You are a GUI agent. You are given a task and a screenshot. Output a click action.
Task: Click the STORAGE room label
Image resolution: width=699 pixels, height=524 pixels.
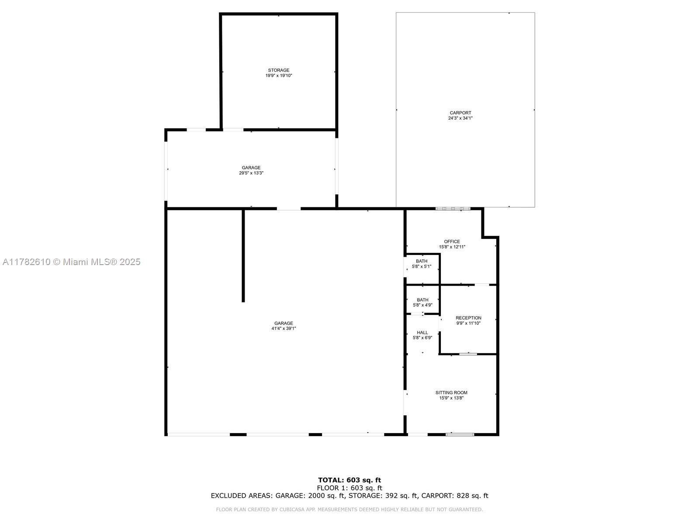279,70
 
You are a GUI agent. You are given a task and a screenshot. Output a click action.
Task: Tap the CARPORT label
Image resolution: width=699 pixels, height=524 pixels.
460,113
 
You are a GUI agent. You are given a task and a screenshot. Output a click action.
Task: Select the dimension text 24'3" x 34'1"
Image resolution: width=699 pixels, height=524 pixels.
460,118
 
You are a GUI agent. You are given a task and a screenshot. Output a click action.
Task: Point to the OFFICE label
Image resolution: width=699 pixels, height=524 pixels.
452,241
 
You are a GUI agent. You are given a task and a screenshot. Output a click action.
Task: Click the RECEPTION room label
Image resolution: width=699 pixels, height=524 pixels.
468,318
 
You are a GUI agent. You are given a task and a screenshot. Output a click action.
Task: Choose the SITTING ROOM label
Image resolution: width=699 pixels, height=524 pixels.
451,393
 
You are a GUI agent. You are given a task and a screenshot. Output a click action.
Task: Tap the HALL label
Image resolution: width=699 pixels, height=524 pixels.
422,332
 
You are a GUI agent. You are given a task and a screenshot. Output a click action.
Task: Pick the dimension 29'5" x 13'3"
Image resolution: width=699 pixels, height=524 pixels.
251,173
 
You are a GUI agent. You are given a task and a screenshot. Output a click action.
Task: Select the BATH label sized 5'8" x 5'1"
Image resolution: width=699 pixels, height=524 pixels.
422,261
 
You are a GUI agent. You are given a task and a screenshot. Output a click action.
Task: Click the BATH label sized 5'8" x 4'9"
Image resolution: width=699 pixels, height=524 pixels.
422,300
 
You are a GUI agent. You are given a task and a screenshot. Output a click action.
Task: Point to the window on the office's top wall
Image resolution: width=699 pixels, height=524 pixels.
453,209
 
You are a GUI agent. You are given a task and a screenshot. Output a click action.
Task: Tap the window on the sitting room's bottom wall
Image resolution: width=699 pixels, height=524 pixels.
460,434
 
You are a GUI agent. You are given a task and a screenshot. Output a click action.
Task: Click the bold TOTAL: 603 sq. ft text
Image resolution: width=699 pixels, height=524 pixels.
349,480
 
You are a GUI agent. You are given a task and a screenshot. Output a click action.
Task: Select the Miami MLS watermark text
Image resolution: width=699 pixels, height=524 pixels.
71,262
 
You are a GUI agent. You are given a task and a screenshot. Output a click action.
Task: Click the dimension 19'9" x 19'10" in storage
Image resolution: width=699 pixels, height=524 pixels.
279,76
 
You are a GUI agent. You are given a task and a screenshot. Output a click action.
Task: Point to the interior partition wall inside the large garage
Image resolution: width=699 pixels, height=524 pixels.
243,256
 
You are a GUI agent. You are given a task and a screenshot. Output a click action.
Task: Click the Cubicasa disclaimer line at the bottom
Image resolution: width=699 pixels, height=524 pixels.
349,509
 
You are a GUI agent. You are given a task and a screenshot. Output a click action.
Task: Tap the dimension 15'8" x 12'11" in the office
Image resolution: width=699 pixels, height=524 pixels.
452,247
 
